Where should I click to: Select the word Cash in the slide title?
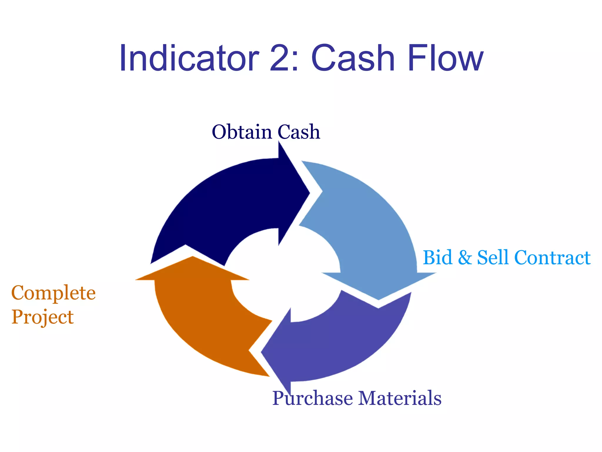point(352,58)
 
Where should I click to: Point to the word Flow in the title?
point(445,58)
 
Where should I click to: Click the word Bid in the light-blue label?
point(437,257)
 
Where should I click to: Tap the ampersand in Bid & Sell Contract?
point(465,258)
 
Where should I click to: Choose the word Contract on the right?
point(552,257)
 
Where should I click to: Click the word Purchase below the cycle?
point(312,398)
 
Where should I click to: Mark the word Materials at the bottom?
point(400,398)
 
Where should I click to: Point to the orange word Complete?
point(53,293)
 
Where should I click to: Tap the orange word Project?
point(43,318)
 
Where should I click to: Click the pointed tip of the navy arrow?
point(309,193)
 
